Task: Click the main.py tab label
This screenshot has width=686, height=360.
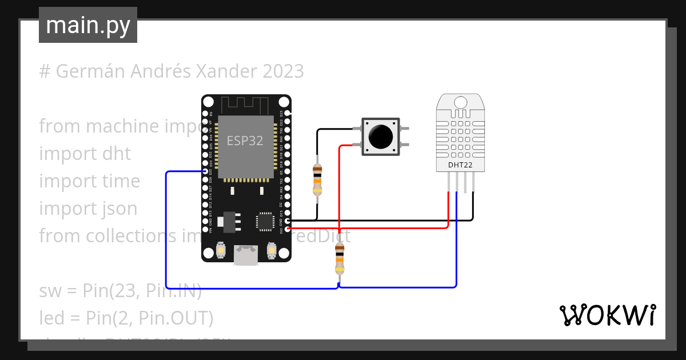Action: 87,26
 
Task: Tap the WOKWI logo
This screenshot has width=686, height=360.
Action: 607,315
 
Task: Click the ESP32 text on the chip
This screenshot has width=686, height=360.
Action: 245,141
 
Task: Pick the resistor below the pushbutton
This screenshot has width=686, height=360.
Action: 340,259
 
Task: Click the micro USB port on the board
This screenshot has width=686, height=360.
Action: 246,255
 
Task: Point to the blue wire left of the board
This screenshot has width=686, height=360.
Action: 166,229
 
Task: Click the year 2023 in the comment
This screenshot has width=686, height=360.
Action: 283,71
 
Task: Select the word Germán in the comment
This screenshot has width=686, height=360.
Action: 91,71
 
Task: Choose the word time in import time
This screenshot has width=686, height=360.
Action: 120,181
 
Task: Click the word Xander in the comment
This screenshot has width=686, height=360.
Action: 227,71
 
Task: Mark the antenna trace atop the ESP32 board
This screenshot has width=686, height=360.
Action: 245,105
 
